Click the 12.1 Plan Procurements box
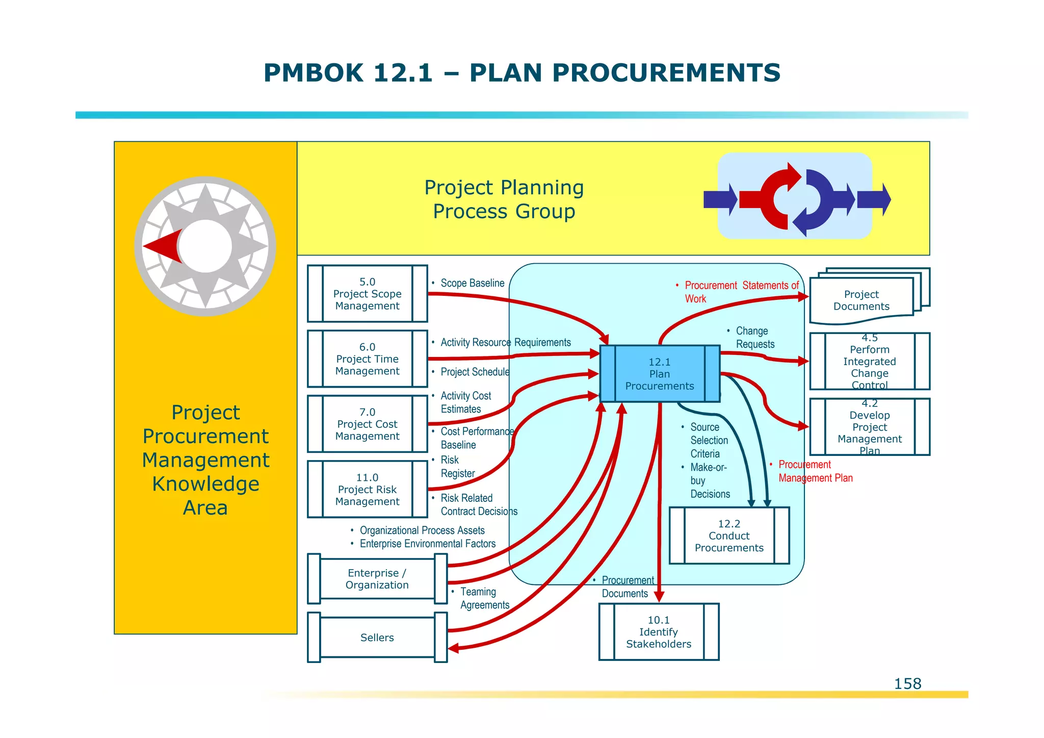[x=660, y=374]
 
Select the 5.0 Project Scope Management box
[x=367, y=294]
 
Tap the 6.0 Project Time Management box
[x=367, y=359]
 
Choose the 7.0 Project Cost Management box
[x=367, y=424]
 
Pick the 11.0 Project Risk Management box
[x=367, y=489]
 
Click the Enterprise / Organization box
[x=377, y=579]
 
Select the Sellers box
[x=377, y=638]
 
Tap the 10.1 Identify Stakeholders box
[x=659, y=632]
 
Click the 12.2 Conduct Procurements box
[x=729, y=536]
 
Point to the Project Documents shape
[x=862, y=300]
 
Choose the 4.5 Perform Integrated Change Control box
[x=869, y=362]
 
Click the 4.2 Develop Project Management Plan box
[x=869, y=427]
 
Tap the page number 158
[x=907, y=683]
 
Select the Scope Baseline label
[x=472, y=283]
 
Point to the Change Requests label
[x=754, y=338]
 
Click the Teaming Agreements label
[x=484, y=598]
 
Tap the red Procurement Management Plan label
[x=815, y=471]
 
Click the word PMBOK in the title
[x=313, y=73]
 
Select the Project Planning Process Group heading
[x=504, y=199]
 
